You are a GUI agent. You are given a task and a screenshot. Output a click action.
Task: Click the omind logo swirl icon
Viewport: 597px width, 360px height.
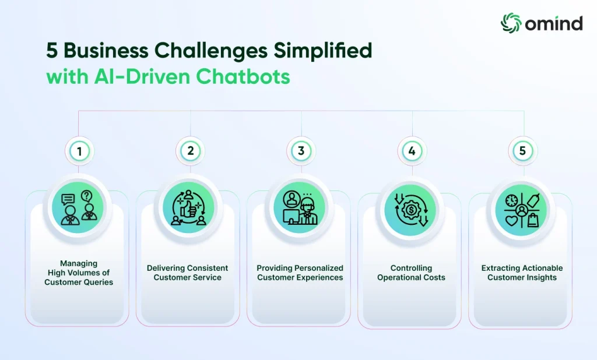(511, 23)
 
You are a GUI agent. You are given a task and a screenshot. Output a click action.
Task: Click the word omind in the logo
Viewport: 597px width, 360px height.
(554, 23)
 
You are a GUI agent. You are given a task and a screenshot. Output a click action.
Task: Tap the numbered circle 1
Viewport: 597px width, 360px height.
(79, 151)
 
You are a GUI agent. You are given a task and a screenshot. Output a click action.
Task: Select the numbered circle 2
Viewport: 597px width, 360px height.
(191, 151)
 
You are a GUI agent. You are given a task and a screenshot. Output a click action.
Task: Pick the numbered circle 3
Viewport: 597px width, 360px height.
(301, 151)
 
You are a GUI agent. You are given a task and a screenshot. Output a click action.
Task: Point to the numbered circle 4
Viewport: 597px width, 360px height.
(412, 151)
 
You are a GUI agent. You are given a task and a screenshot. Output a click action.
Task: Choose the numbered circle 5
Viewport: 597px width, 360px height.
(523, 151)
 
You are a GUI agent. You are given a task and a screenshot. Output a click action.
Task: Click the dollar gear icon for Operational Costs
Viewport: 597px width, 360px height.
(411, 210)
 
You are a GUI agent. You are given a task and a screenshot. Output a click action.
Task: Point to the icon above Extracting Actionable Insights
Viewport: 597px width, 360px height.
(522, 210)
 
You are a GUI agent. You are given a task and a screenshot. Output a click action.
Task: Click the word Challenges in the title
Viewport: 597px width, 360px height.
(211, 51)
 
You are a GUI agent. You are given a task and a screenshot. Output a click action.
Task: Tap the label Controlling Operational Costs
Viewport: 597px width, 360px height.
(411, 273)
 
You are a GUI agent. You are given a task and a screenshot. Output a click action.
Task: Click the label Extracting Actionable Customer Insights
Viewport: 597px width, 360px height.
(522, 273)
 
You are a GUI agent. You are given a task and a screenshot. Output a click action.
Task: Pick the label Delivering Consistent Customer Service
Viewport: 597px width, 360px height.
(187, 273)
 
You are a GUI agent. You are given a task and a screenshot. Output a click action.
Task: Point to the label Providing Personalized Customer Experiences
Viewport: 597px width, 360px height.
(300, 273)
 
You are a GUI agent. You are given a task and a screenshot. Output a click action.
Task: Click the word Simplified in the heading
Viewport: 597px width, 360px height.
(323, 51)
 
